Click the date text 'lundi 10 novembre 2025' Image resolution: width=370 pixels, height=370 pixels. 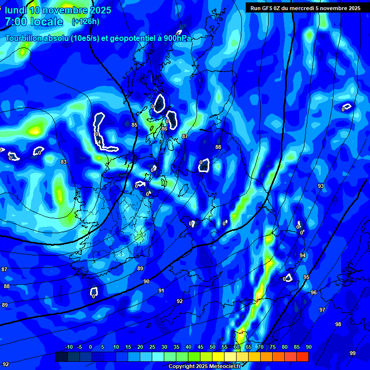coord(58,10)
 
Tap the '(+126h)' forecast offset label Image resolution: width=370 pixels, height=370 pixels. coord(85,22)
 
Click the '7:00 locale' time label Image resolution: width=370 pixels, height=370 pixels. coord(34,22)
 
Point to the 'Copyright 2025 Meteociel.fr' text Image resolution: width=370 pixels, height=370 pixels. coord(204,366)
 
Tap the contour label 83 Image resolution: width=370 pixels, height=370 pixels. coord(64,162)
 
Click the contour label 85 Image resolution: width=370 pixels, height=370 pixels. coord(134,125)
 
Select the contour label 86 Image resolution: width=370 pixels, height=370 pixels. coord(164,129)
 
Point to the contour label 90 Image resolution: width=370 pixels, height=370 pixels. coord(146,281)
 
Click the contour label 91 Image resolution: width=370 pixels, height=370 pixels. coord(161,291)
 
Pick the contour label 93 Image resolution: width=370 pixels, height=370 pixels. coord(321,186)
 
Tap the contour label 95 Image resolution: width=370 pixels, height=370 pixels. coord(306,277)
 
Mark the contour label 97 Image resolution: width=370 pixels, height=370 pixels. coord(322,310)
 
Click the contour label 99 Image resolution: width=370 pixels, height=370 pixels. coord(353,353)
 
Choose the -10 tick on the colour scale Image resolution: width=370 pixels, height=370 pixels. coord(68,347)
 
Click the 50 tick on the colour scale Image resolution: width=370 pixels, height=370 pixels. coord(212,347)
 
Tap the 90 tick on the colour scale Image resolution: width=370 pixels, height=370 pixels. coord(308,347)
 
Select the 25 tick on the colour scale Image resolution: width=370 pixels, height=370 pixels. coord(152,347)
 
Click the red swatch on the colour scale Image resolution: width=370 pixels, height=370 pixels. coord(303,357)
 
